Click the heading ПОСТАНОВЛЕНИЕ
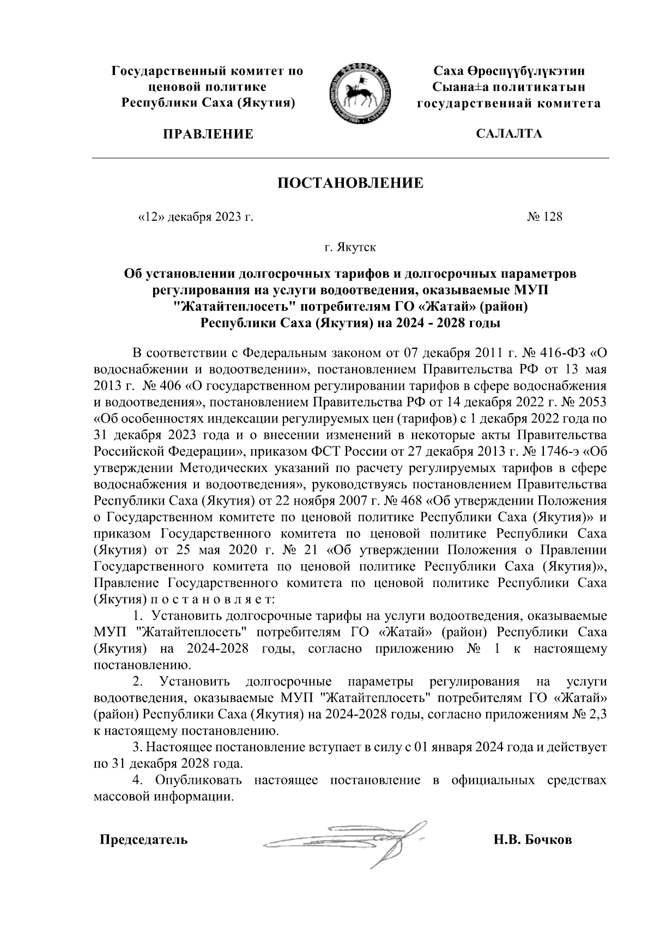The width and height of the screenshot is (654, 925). click(350, 183)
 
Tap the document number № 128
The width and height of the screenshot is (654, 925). click(544, 217)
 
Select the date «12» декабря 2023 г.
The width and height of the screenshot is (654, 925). click(194, 217)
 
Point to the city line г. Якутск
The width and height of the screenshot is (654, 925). click(350, 248)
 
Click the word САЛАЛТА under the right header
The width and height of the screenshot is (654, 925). click(509, 134)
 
